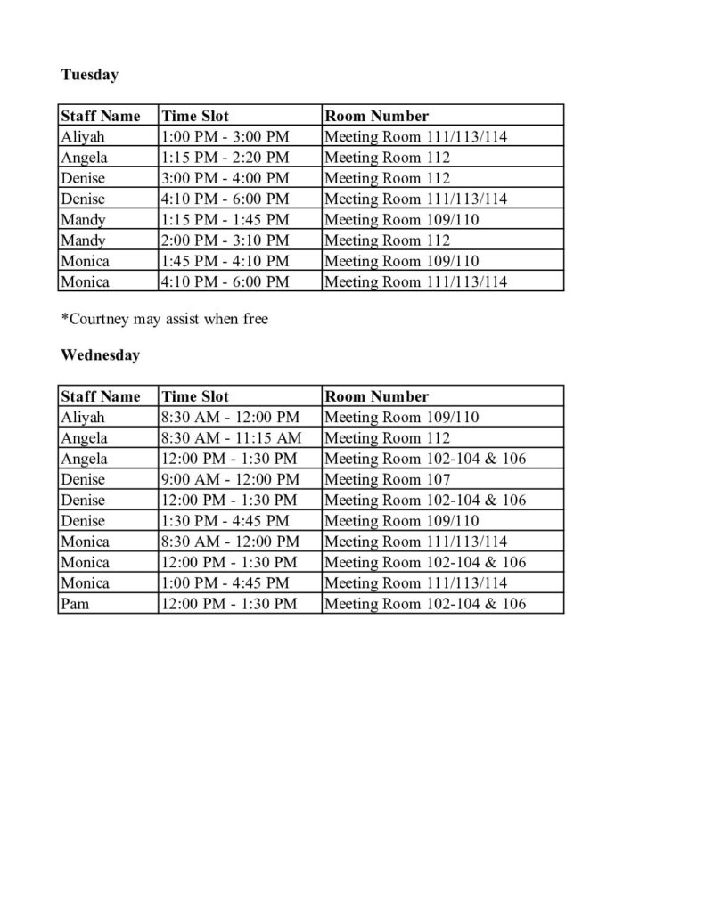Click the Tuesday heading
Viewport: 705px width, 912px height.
pyautogui.click(x=90, y=75)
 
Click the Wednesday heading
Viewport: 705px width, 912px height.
pyautogui.click(x=101, y=355)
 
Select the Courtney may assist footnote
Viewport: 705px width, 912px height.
pyautogui.click(x=165, y=320)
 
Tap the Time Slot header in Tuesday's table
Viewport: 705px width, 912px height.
pyautogui.click(x=195, y=116)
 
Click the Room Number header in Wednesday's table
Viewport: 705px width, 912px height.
pyautogui.click(x=377, y=396)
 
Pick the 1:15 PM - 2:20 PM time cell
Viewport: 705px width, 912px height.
pyautogui.click(x=225, y=158)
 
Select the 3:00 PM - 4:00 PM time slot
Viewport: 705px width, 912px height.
pyautogui.click(x=225, y=178)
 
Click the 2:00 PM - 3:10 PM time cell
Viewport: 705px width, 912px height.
pyautogui.click(x=225, y=240)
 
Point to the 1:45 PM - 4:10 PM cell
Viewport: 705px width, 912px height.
pyautogui.click(x=225, y=261)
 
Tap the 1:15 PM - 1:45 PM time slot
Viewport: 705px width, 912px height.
pyautogui.click(x=225, y=220)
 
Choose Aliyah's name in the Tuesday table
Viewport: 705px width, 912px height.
pyautogui.click(x=83, y=137)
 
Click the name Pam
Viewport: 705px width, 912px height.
pyautogui.click(x=75, y=604)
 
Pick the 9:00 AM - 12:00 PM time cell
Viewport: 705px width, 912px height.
pyautogui.click(x=230, y=479)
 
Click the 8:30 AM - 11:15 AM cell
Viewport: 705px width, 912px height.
pyautogui.click(x=230, y=438)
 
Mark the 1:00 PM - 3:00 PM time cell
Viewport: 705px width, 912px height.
pyautogui.click(x=225, y=137)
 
